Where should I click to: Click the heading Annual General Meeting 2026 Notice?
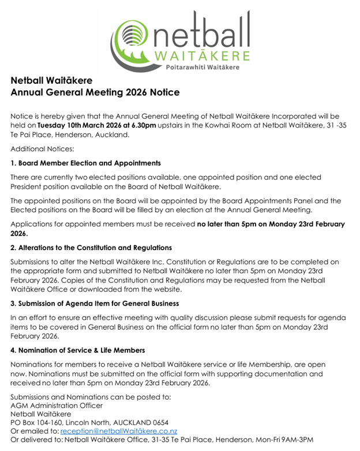point(95,92)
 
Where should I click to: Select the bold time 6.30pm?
point(143,125)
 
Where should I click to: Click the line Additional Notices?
point(37,149)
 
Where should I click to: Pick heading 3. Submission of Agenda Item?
point(95,303)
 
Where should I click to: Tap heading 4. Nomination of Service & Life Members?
point(77,350)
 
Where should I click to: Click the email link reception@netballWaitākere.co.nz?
point(118,431)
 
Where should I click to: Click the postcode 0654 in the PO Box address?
point(158,422)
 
